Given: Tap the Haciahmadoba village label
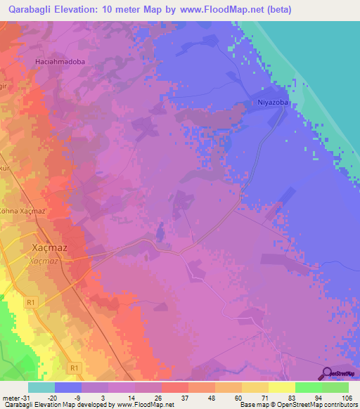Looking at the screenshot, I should click(x=60, y=61).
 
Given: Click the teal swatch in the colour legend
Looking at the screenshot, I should click(x=41, y=387).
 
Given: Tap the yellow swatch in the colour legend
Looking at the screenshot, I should click(x=281, y=387).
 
